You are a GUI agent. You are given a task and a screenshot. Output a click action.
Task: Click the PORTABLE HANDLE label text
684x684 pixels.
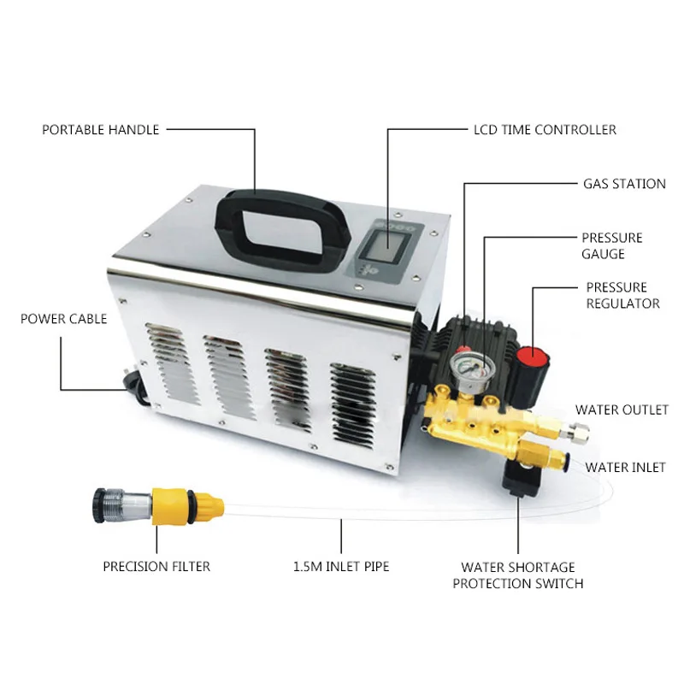point(101,130)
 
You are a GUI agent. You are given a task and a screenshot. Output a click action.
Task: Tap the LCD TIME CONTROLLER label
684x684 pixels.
point(545,130)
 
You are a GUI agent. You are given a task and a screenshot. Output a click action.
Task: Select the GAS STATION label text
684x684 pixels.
point(624,184)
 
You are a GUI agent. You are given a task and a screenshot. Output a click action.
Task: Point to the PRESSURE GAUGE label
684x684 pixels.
point(612,245)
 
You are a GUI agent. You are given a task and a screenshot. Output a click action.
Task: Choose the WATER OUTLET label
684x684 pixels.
point(622,410)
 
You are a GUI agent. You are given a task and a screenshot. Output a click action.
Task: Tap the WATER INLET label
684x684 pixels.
point(625,468)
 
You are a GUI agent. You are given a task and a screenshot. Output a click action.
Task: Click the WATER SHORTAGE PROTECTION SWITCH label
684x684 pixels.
point(518,575)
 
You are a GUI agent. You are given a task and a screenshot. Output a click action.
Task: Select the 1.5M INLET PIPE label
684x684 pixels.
point(341,566)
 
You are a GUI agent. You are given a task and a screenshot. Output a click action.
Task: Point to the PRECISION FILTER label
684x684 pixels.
point(156,566)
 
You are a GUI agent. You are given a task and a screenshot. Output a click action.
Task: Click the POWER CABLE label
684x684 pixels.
point(64,319)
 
